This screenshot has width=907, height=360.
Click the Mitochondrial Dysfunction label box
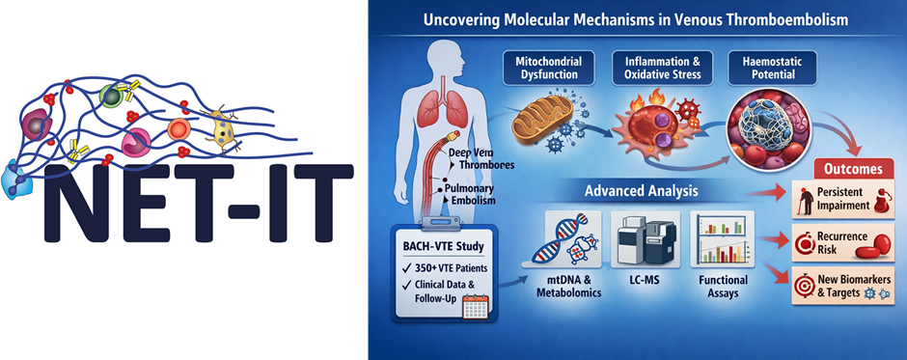[x=543, y=69]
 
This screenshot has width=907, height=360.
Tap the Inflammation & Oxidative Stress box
[x=651, y=69]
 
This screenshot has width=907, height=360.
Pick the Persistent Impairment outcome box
[x=842, y=199]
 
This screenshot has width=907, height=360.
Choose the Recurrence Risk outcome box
[x=842, y=243]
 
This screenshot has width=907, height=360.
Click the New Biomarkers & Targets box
[x=842, y=285]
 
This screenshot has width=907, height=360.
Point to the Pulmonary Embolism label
[x=466, y=194]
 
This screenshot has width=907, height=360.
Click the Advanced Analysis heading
[x=641, y=190]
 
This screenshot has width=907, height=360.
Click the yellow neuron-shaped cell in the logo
[x=223, y=130]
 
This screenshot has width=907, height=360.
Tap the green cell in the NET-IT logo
[x=110, y=96]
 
